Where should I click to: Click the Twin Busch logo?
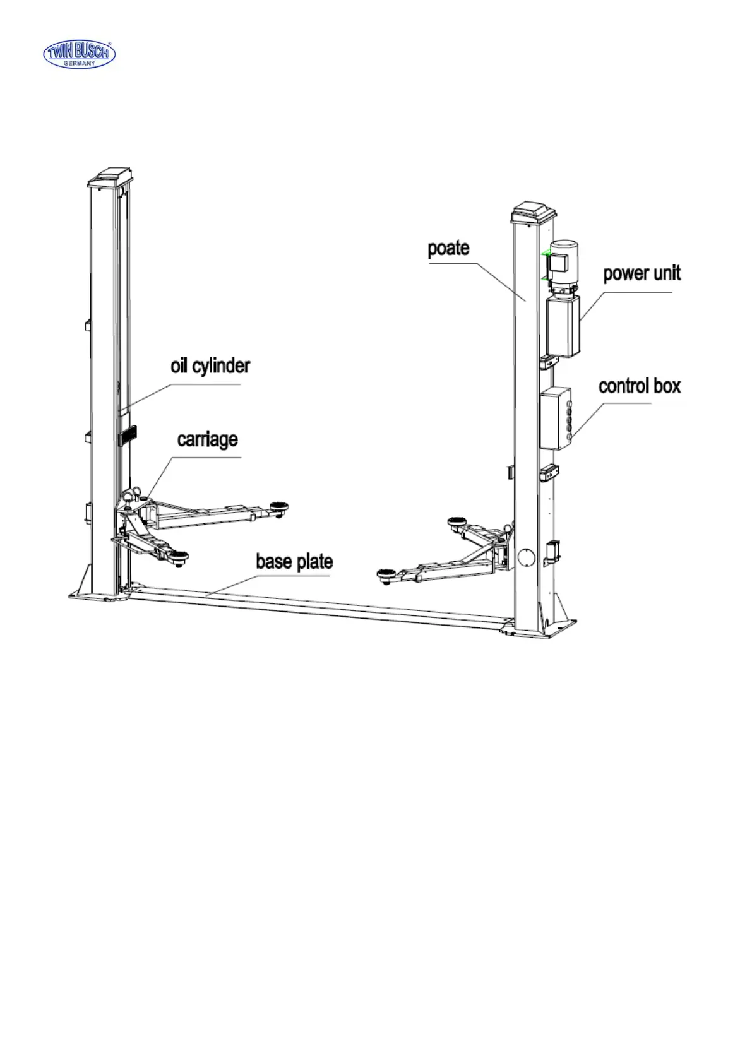[x=79, y=54]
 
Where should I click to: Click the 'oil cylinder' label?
[x=210, y=366]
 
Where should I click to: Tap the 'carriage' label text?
[x=207, y=439]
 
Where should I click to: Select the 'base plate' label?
[x=294, y=561]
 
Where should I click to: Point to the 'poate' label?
[x=448, y=248]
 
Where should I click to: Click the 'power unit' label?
[x=642, y=273]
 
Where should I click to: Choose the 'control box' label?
[x=640, y=386]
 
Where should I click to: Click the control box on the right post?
[x=554, y=418]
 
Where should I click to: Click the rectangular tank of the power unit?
[x=563, y=327]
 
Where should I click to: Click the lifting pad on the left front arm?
[x=180, y=556]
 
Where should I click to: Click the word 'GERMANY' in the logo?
[x=79, y=64]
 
